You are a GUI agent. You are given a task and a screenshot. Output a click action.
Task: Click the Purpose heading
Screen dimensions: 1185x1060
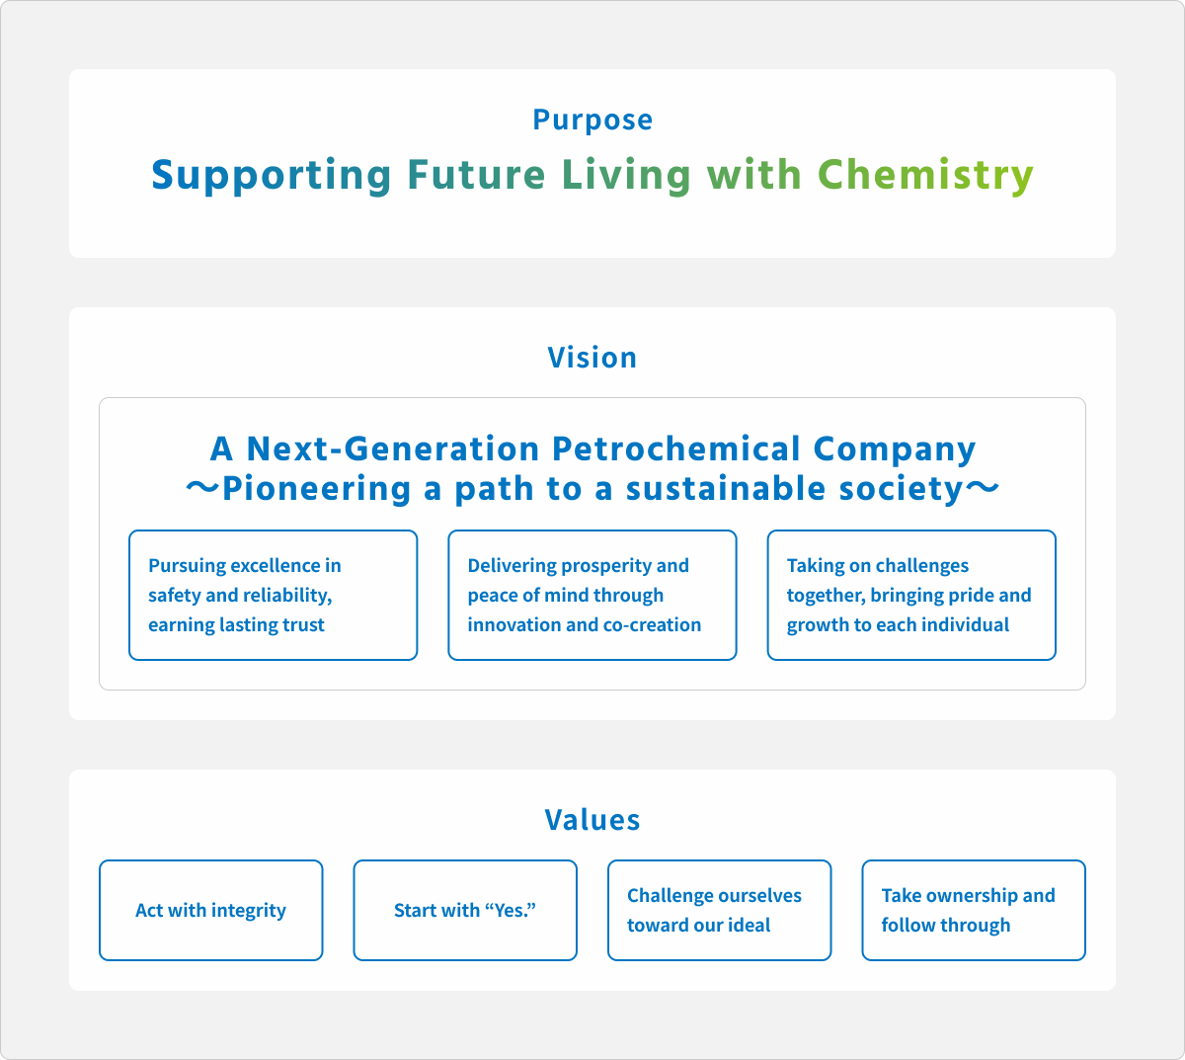point(592,120)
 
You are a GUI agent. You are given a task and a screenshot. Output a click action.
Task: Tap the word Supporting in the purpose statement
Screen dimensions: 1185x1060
point(272,175)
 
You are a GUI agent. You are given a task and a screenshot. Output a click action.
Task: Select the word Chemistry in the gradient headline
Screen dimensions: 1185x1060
point(925,175)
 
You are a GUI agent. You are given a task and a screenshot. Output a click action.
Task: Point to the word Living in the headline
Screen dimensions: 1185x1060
point(626,175)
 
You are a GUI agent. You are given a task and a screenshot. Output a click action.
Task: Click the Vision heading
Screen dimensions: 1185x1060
point(592,357)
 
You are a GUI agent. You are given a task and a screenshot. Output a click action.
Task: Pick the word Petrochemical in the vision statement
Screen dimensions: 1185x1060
point(676,448)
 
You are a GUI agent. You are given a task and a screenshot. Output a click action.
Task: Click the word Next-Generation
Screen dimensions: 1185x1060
point(392,448)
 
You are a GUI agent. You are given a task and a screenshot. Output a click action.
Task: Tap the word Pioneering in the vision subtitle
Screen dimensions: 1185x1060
point(316,488)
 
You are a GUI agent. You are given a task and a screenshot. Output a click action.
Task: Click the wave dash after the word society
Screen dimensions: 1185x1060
point(982,488)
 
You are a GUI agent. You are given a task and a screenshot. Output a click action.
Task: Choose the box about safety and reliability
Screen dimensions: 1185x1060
point(274,596)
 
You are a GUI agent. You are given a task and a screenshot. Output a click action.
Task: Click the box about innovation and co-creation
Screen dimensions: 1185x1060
point(592,596)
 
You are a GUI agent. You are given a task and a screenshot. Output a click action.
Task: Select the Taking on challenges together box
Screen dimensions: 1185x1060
point(911,596)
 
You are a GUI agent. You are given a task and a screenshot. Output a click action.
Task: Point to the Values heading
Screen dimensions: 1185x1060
point(592,819)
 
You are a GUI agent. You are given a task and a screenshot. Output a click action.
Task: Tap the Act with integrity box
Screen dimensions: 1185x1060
point(211,910)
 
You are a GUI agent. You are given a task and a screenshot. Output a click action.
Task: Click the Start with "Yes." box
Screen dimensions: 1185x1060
point(465,910)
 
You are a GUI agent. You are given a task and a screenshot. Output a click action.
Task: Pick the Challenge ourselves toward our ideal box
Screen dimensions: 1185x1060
point(720,910)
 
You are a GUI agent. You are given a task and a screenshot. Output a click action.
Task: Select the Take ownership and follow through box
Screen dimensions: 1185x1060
point(974,910)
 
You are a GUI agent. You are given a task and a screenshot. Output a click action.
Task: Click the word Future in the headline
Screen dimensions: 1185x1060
point(476,175)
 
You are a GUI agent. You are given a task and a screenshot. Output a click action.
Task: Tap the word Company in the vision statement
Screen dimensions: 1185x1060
point(895,449)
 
